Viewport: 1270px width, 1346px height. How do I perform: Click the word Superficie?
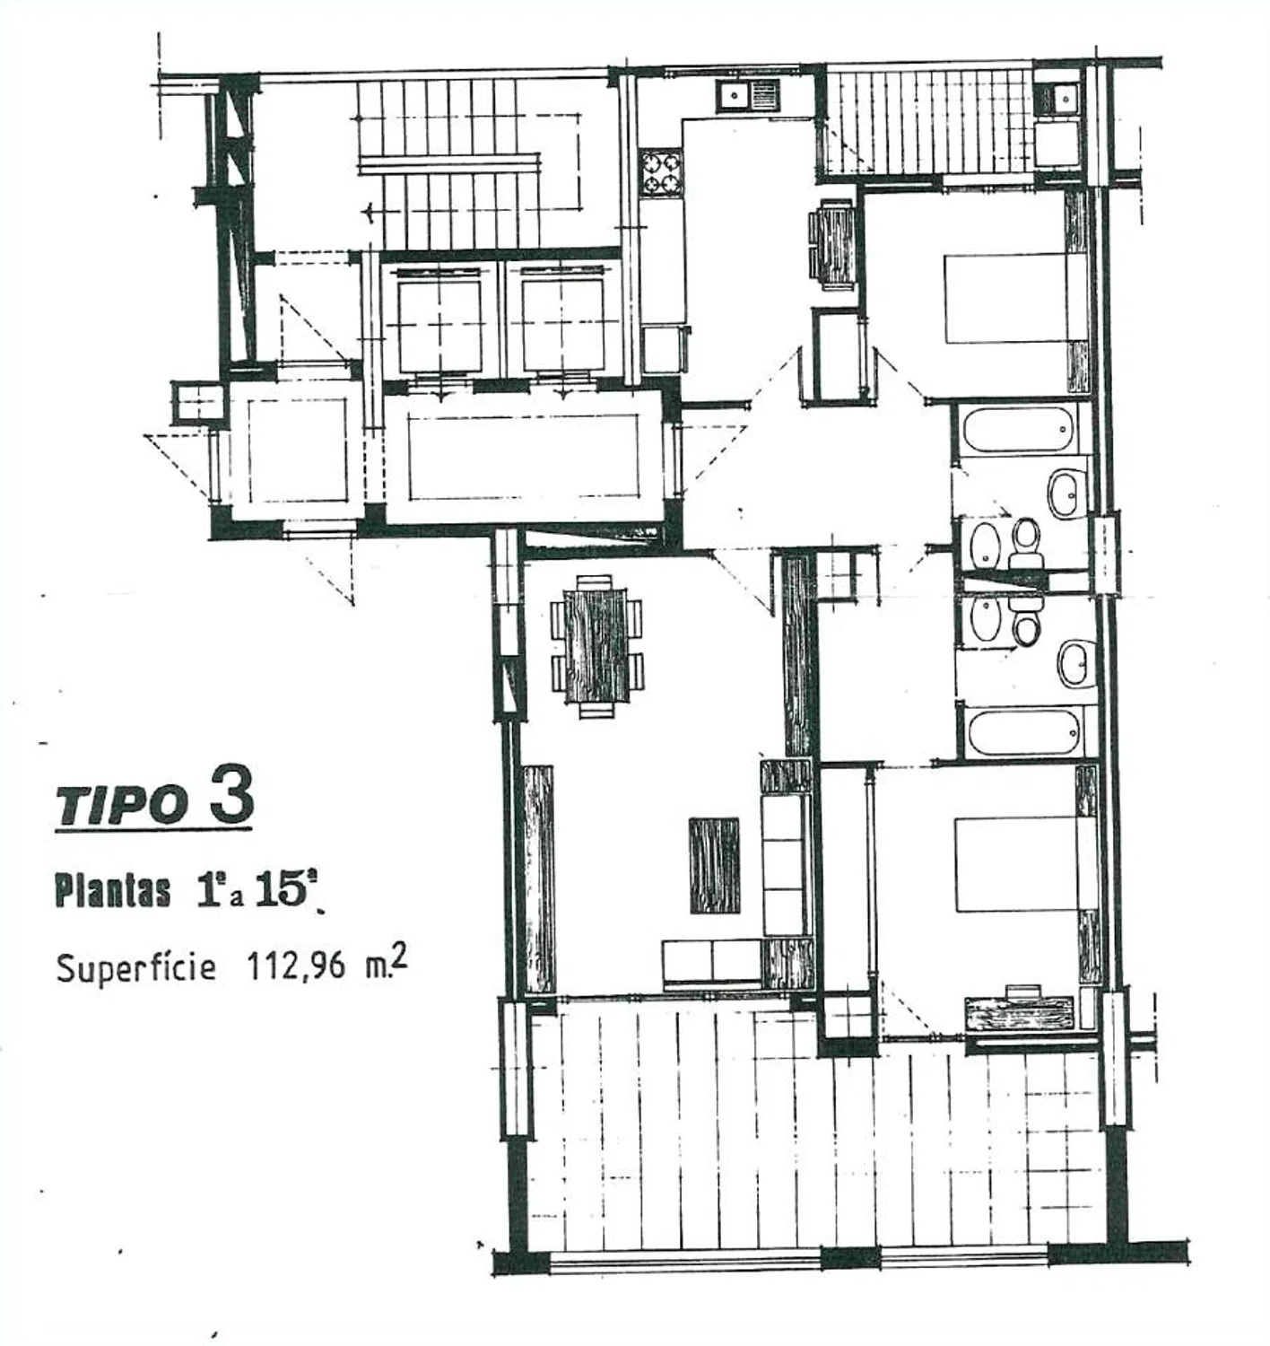point(136,967)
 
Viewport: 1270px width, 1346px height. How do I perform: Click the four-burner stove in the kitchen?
point(661,172)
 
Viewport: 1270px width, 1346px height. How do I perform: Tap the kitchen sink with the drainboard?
point(748,95)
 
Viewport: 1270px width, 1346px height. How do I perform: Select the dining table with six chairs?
point(596,647)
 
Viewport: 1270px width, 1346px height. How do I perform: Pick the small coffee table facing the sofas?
point(714,866)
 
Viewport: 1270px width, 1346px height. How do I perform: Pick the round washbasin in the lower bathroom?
point(1075,663)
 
